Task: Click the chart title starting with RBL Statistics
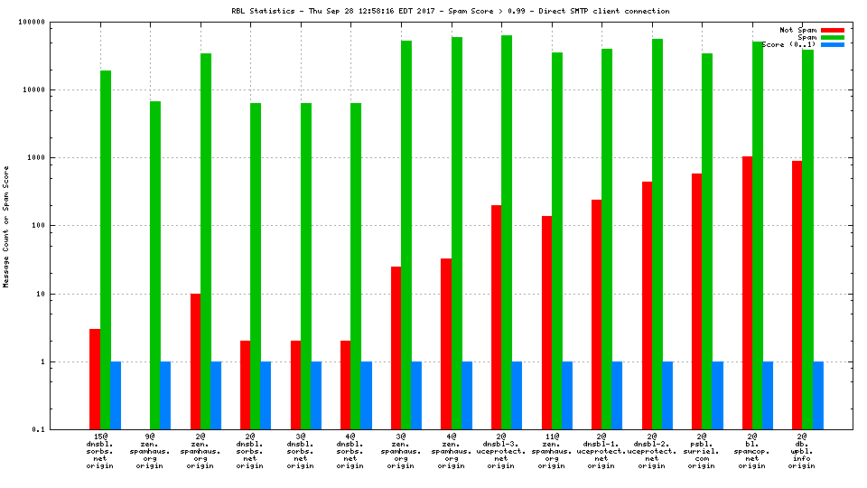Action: [450, 11]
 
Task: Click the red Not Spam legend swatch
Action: [832, 30]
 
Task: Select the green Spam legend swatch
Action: [832, 37]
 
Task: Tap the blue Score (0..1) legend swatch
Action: [832, 44]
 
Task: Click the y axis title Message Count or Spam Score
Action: [6, 226]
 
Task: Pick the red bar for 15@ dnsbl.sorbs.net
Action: [95, 379]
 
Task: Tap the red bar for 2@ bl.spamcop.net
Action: [747, 293]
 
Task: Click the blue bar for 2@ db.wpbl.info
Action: [818, 395]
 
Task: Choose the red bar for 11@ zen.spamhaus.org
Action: [546, 323]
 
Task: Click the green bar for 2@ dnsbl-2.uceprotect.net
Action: [657, 234]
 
